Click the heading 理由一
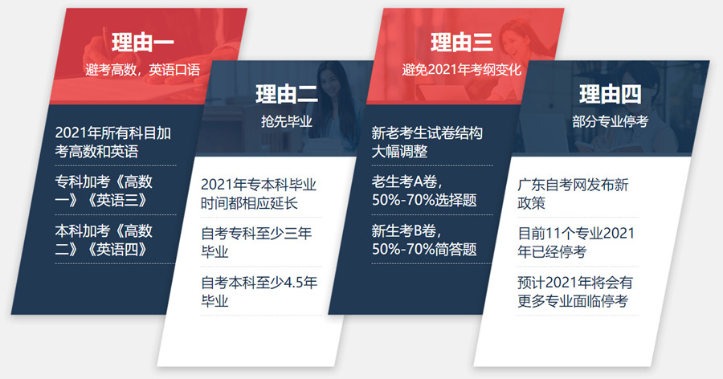coord(143,42)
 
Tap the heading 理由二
coord(287,95)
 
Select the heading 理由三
coord(461,42)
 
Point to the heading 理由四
coord(610,95)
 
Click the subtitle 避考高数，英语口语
coord(142,69)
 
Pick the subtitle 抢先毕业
coord(286,122)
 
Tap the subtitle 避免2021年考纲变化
coord(461,69)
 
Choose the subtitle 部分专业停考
coord(610,122)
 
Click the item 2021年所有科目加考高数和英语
coord(112,141)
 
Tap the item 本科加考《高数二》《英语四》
coord(104,239)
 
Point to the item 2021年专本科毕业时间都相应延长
coord(258,194)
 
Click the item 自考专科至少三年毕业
coord(255,242)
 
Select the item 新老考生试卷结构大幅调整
coord(427,141)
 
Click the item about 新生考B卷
coord(424,239)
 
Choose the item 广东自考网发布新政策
coord(573,194)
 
